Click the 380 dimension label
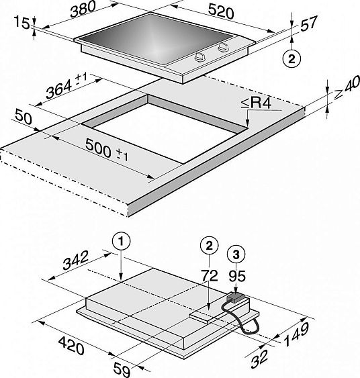click(83, 9)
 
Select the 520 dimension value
click(221, 11)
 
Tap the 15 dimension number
click(21, 22)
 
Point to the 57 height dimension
click(308, 23)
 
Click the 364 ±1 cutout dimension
click(66, 86)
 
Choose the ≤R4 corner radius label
click(256, 103)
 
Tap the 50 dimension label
click(23, 117)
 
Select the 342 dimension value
click(75, 260)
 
